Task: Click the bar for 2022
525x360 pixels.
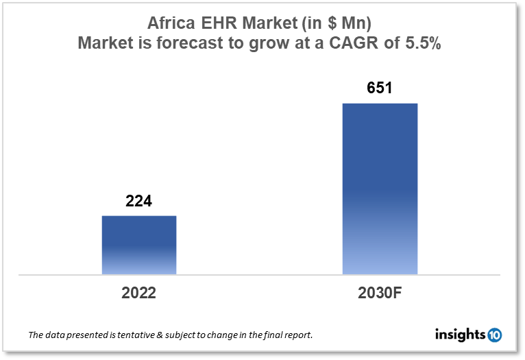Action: [139, 245]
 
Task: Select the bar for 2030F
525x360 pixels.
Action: [380, 189]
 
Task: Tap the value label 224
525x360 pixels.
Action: [138, 202]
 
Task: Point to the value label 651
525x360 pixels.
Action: [380, 89]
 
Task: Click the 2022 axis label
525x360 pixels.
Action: [139, 293]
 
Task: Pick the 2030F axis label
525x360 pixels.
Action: [380, 293]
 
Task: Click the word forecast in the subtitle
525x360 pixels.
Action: [180, 45]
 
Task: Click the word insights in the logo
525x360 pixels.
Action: [460, 335]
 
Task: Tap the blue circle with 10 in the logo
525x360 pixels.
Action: [494, 335]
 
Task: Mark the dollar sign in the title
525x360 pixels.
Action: [332, 23]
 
